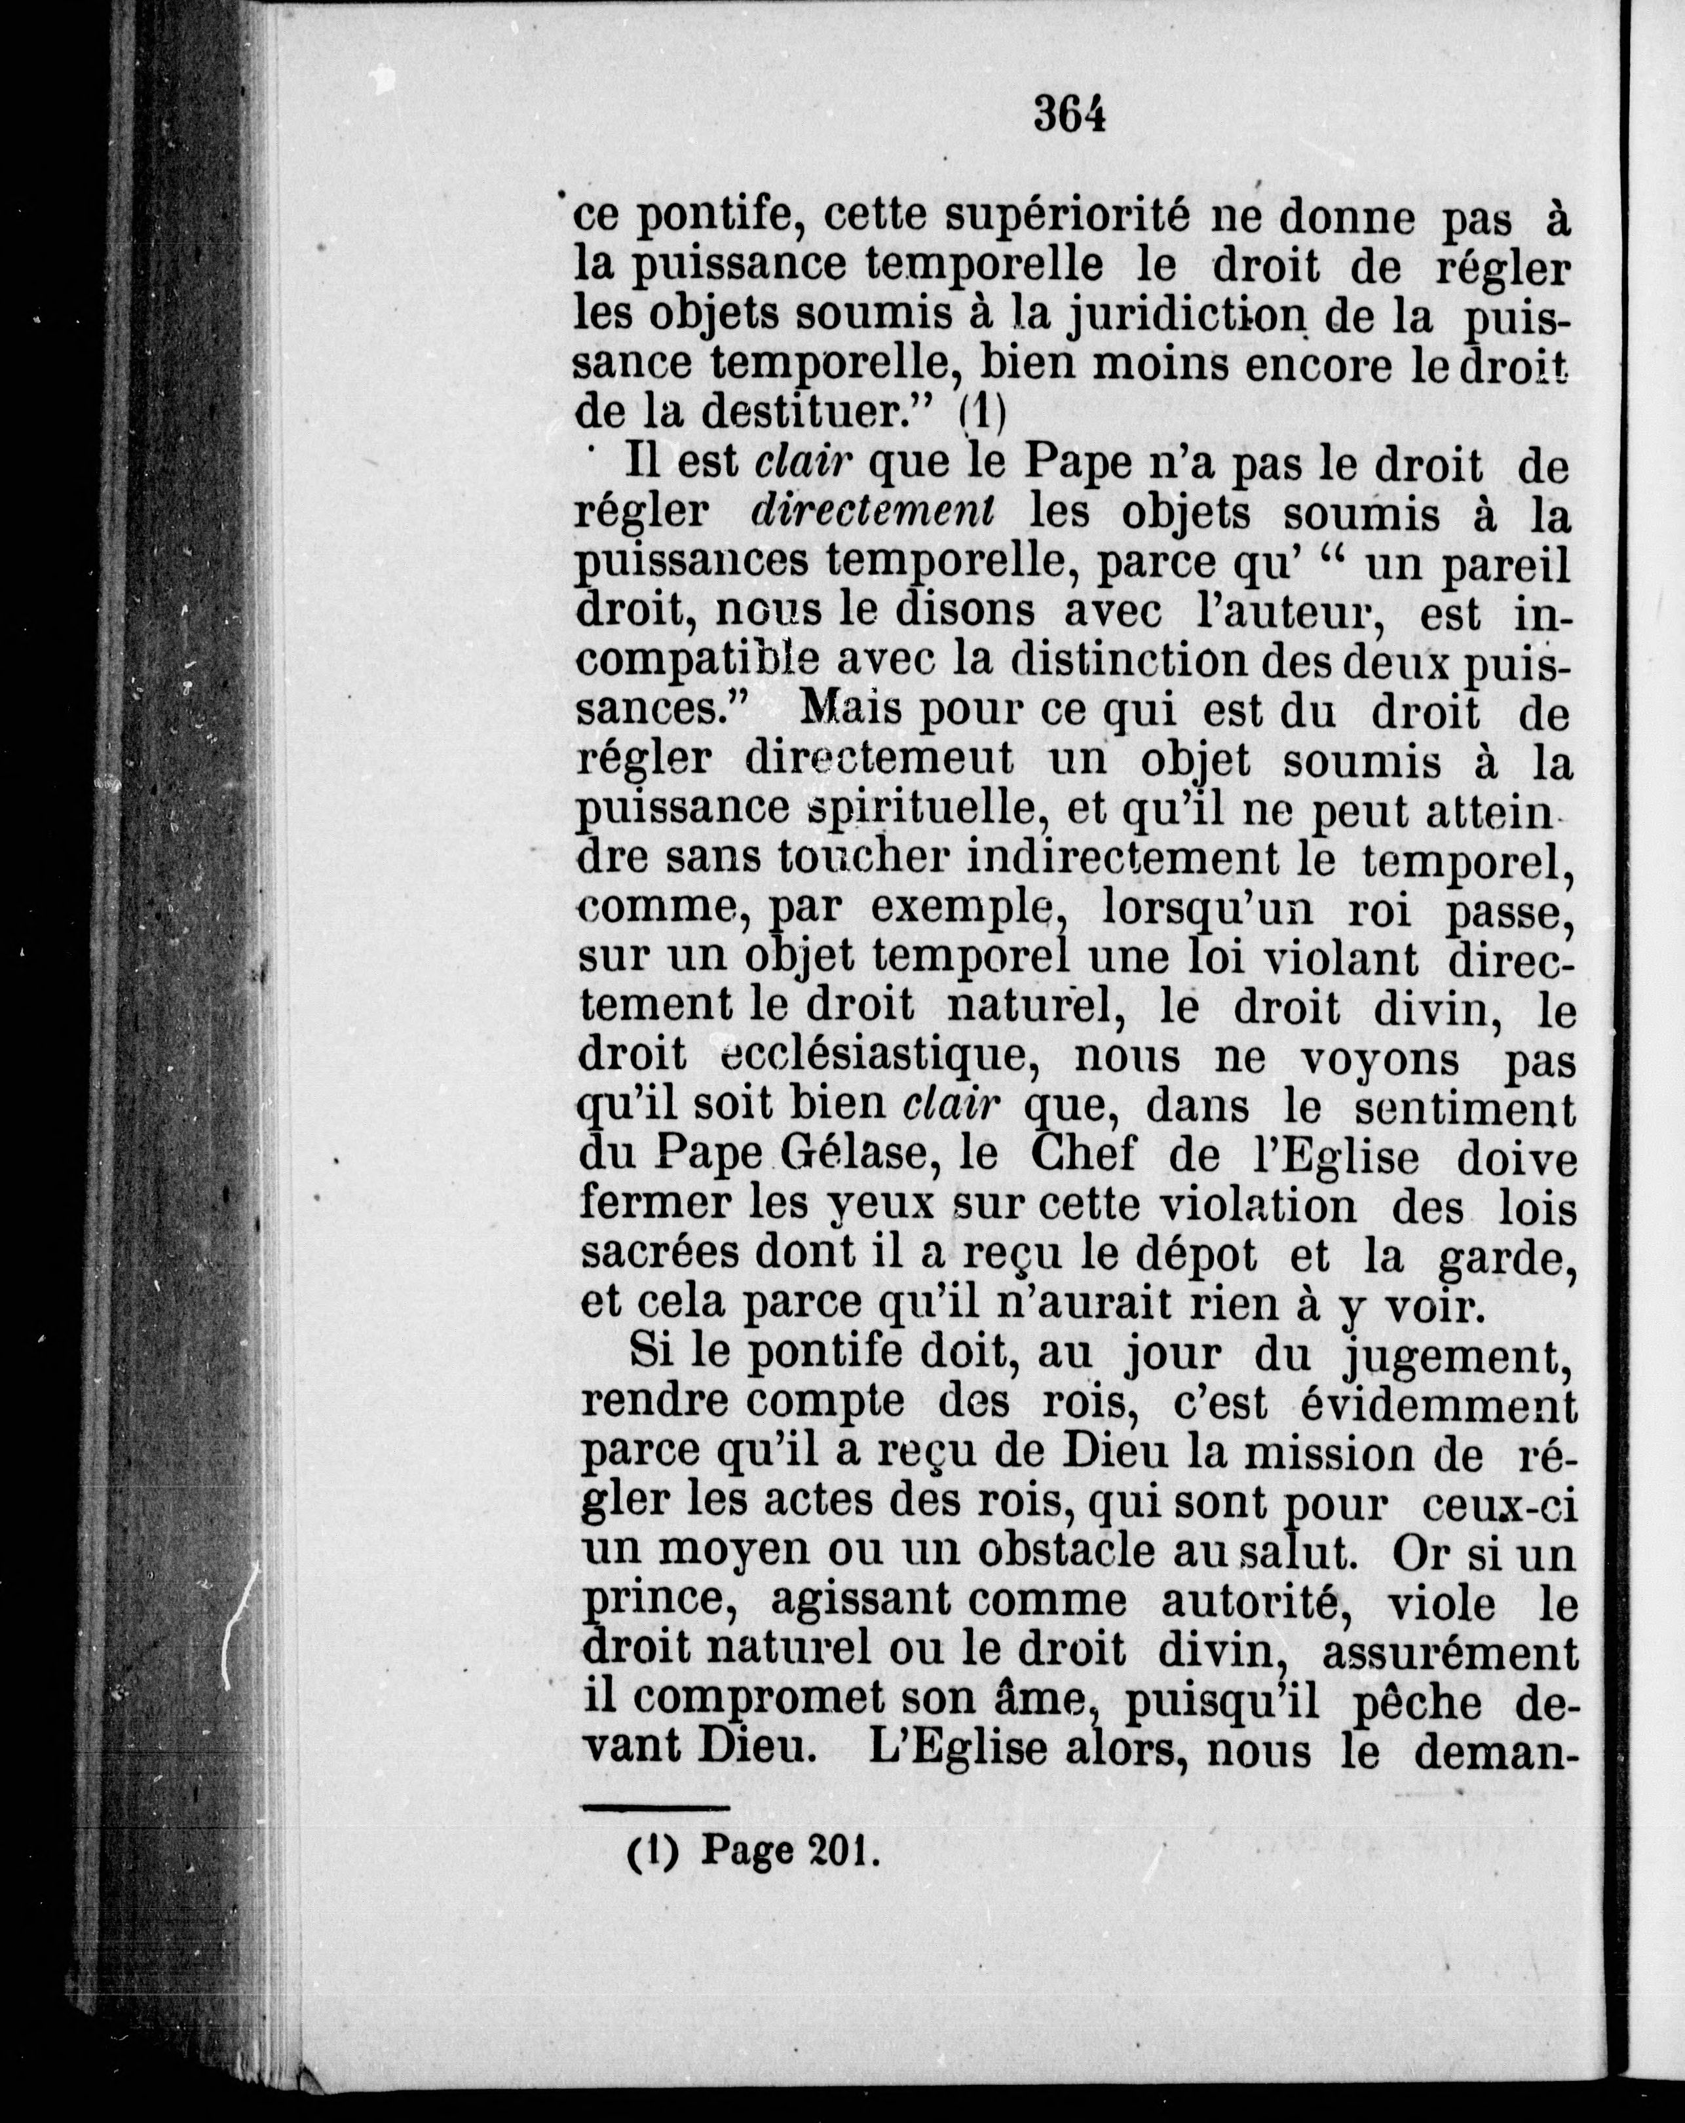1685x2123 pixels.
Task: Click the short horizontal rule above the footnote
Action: pos(655,1808)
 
